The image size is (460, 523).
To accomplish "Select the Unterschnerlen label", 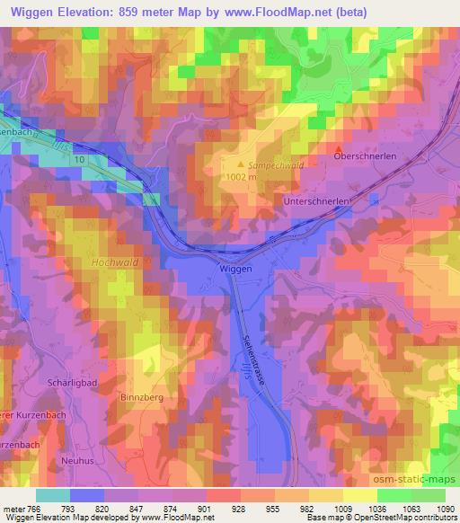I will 314,202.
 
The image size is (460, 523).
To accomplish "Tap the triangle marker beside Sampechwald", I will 239,164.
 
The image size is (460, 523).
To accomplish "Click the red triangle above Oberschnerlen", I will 338,147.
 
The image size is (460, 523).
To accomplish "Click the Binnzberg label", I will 140,395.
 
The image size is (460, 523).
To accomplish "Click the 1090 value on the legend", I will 445,508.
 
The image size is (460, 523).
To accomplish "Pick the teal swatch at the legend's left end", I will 52,495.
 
